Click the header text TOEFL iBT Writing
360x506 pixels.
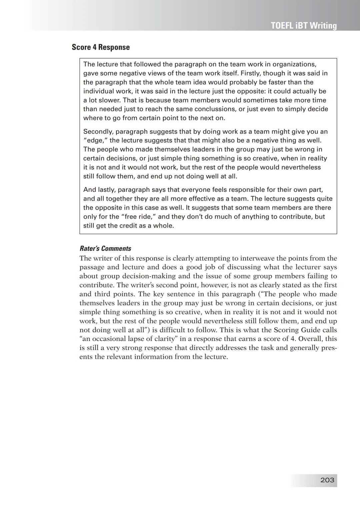[x=304, y=26]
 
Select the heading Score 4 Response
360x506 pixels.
[x=101, y=47]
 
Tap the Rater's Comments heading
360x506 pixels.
[x=105, y=249]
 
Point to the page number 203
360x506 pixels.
[x=327, y=480]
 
